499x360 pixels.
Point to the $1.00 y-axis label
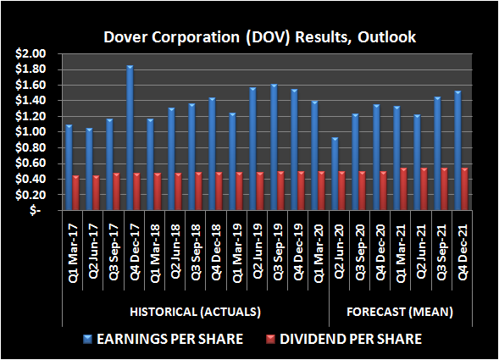pyautogui.click(x=31, y=132)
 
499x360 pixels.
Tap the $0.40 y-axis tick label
pyautogui.click(x=31, y=180)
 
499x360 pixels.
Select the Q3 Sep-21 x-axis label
pyautogui.click(x=441, y=243)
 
